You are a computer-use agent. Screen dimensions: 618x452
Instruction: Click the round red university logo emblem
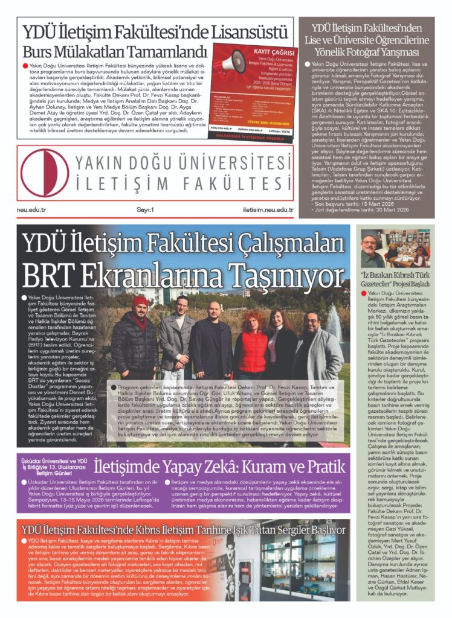[44, 172]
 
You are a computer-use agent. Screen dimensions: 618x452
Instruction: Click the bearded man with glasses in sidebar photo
[372, 247]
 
